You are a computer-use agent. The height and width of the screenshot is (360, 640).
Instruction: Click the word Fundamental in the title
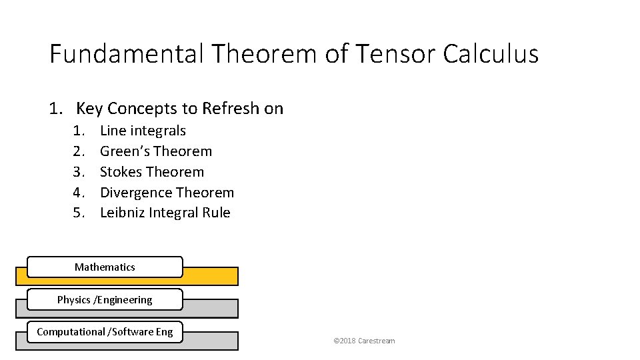point(126,53)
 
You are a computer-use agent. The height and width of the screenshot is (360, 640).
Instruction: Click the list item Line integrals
point(143,131)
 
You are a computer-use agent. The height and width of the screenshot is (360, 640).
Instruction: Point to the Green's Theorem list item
point(155,151)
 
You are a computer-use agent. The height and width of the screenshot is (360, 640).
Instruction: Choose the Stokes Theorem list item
point(151,172)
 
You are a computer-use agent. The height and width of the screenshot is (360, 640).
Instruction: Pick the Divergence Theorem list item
point(167,193)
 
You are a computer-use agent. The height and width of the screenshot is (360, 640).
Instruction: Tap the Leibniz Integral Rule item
point(165,213)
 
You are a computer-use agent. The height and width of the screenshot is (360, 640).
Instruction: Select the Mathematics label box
point(105,267)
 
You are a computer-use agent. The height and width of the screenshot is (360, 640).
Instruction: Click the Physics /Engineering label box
point(105,300)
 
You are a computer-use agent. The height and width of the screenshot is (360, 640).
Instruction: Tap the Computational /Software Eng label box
point(105,332)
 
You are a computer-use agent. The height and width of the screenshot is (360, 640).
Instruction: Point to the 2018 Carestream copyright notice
point(364,341)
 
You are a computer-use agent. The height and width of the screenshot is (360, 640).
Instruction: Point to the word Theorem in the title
point(263,53)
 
